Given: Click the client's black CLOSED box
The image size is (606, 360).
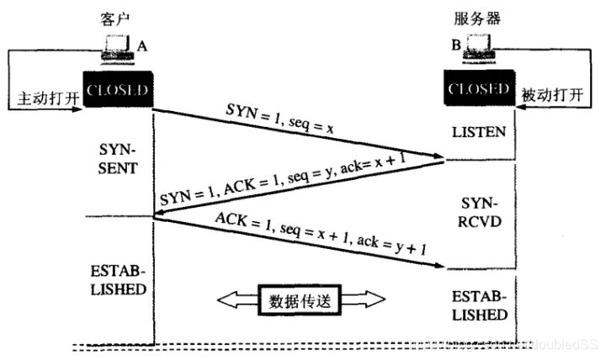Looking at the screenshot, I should [x=117, y=90].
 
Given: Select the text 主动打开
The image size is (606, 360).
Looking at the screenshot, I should [x=47, y=98].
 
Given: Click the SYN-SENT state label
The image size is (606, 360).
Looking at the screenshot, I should [x=117, y=157].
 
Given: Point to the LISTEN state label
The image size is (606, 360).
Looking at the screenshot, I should [x=478, y=133].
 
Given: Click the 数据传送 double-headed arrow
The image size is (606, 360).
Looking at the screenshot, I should [x=299, y=299].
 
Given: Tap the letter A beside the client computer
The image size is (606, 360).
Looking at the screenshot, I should [x=144, y=49].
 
